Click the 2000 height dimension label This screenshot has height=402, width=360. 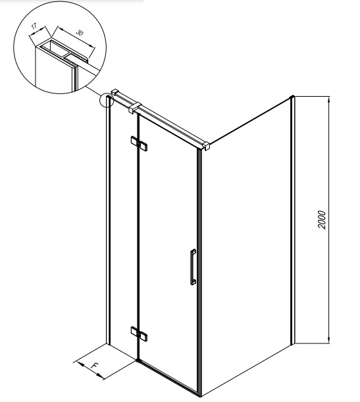(322, 220)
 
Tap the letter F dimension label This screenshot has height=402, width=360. (94, 365)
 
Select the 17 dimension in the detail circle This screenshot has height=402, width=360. (34, 26)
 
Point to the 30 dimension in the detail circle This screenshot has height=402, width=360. (80, 32)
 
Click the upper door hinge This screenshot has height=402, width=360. (139, 143)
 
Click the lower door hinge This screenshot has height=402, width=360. (139, 334)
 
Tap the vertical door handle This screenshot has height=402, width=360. (193, 266)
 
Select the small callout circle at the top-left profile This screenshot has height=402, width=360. (106, 100)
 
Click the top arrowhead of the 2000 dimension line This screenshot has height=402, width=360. (328, 99)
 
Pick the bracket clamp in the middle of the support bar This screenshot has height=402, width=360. (135, 107)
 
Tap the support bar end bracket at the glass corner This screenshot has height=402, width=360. (206, 146)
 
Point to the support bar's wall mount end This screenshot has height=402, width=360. (115, 92)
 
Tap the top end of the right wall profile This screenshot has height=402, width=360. (292, 97)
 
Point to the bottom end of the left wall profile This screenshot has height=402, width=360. (108, 344)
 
